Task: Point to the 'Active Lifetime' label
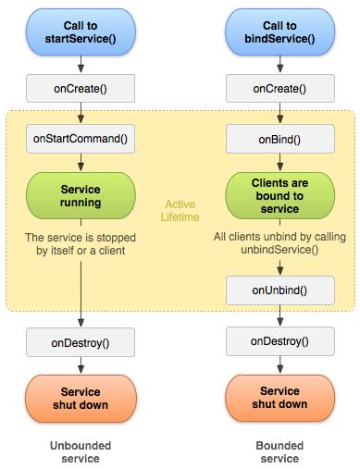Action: pos(181,211)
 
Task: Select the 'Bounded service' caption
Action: pos(279,450)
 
